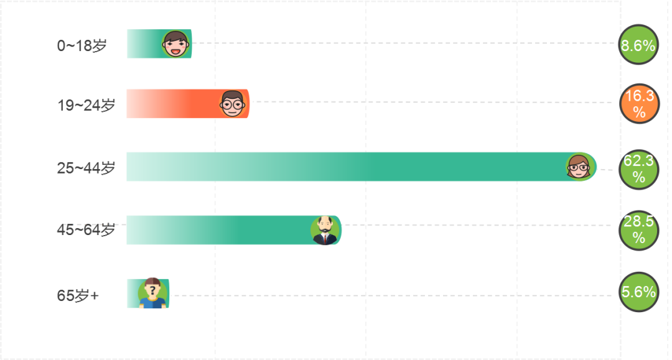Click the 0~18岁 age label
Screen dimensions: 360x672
(x=82, y=45)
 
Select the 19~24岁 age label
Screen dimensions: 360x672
(x=86, y=105)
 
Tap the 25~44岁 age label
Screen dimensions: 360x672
(x=86, y=167)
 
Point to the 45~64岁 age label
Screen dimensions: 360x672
(x=86, y=229)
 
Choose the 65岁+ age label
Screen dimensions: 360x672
(x=78, y=295)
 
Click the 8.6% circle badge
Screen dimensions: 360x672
(x=638, y=45)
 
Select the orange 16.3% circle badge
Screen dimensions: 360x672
(x=639, y=103)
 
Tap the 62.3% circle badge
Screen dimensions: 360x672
(x=639, y=169)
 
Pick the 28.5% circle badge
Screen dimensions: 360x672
(x=639, y=230)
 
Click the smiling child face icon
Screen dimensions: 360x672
(x=176, y=44)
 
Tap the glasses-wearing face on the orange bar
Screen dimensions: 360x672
(x=233, y=103)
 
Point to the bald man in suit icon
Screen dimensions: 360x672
(x=324, y=231)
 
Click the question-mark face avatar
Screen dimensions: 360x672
(x=152, y=293)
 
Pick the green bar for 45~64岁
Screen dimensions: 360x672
(x=218, y=230)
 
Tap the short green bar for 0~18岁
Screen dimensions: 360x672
(x=143, y=44)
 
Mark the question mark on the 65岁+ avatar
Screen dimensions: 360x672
(x=152, y=289)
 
